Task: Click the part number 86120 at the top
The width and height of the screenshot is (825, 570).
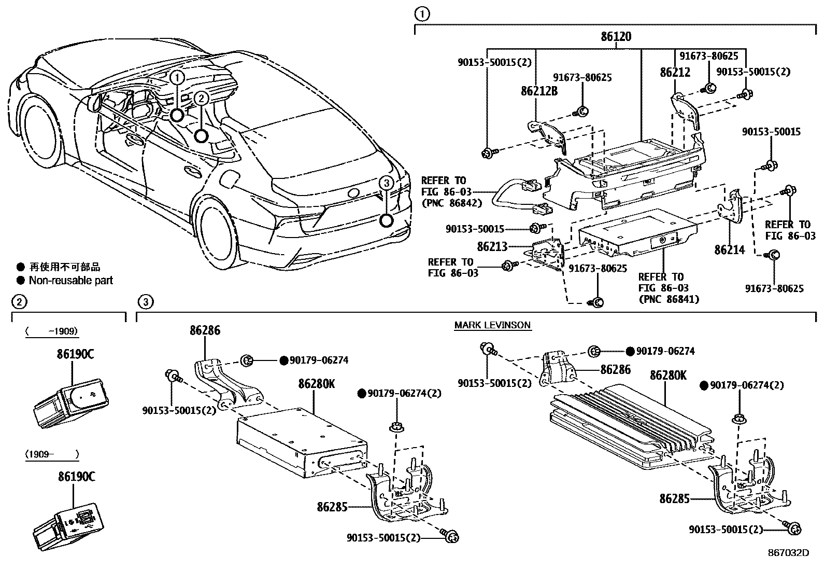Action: point(616,37)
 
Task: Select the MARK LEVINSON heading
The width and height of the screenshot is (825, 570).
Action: point(492,325)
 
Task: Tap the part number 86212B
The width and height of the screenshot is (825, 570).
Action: point(539,91)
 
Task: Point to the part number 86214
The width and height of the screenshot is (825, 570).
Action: point(729,250)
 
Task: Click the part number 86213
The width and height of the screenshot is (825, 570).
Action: point(492,247)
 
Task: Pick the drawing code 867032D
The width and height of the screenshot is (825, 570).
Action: point(788,552)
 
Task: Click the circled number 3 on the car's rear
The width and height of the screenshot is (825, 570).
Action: point(386,183)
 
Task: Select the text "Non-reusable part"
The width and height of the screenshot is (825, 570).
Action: point(70,281)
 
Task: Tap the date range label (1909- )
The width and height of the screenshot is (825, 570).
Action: point(52,454)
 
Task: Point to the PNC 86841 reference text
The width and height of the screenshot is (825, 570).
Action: point(668,299)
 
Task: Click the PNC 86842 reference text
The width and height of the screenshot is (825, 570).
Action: point(451,203)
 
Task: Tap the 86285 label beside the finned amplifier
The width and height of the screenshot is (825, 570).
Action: point(674,499)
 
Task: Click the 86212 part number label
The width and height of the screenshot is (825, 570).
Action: point(675,73)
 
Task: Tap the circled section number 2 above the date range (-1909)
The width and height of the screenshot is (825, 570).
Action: point(18,301)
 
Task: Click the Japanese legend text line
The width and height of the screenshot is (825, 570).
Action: point(64,267)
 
